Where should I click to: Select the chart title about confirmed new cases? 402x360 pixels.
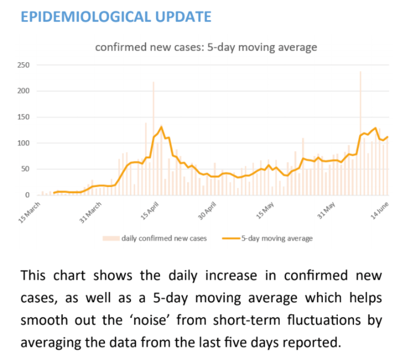click(x=206, y=47)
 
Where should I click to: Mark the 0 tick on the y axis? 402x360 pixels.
click(x=27, y=195)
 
